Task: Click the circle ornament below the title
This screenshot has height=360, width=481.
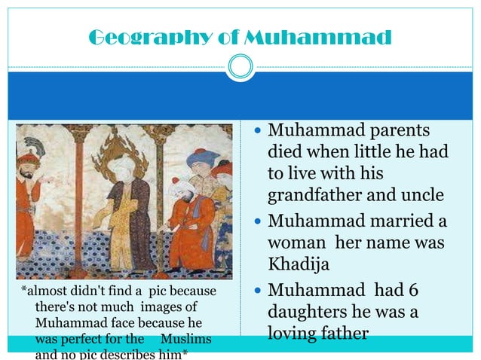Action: (240, 68)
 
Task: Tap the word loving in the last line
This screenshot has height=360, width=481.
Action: (296, 332)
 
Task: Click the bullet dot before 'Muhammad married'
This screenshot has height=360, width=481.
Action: (258, 224)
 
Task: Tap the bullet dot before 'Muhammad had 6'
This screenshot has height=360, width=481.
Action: (258, 291)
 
